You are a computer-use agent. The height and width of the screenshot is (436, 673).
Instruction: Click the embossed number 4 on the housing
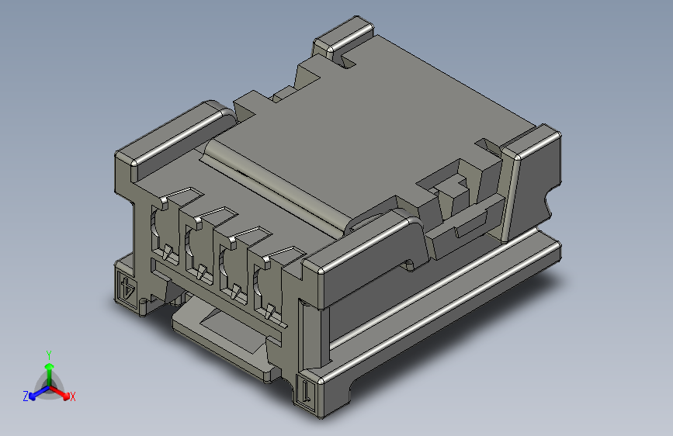127,288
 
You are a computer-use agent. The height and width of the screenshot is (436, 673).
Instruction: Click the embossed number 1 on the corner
306,390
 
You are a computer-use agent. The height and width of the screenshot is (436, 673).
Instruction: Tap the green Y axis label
49,355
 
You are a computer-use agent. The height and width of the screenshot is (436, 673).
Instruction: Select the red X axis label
73,396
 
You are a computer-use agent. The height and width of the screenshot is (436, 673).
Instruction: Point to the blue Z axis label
26,396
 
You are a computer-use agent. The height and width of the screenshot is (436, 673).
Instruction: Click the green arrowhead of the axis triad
50,367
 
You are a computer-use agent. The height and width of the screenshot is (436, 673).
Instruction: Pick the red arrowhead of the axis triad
66,395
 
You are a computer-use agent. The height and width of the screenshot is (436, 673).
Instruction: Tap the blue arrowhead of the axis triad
33,396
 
